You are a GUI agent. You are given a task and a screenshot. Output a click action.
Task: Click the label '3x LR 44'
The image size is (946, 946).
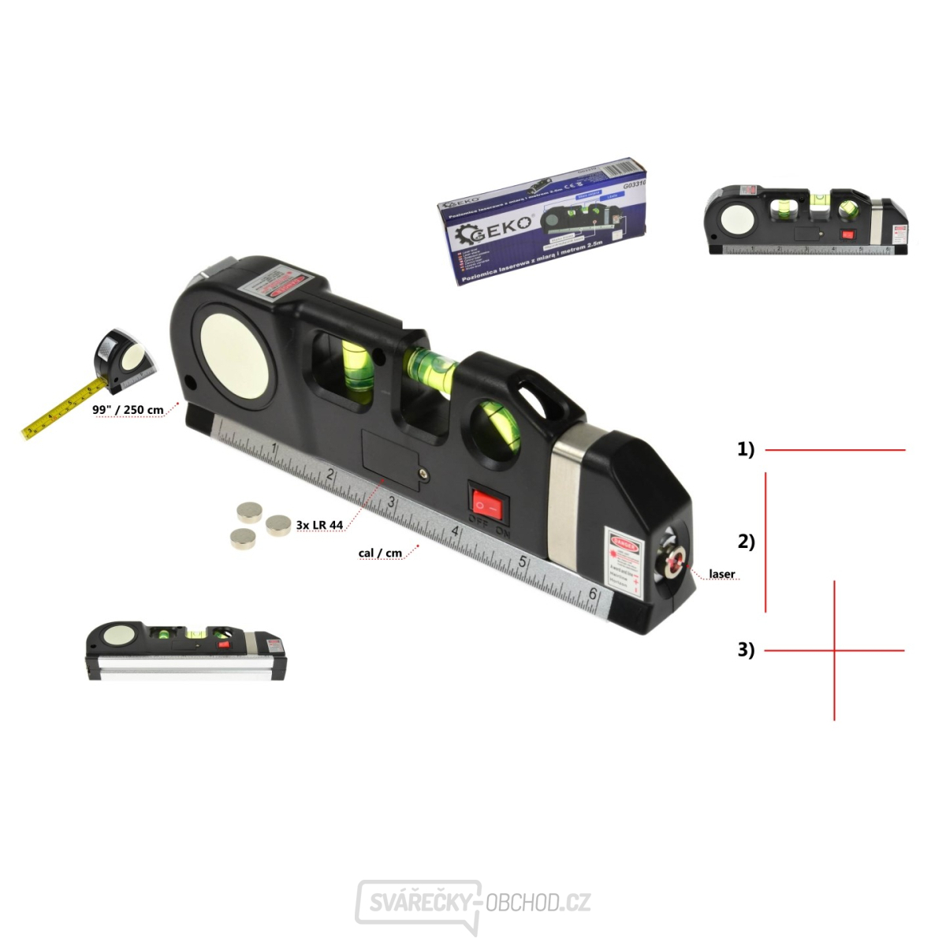click(x=319, y=525)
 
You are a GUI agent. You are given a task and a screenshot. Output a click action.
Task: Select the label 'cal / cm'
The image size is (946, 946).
click(x=380, y=553)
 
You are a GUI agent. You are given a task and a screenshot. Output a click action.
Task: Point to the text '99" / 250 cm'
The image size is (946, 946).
click(x=128, y=410)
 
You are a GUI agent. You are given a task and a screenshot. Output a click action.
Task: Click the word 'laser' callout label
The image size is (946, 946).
click(x=721, y=574)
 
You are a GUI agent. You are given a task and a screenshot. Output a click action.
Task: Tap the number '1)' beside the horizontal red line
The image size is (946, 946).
click(x=746, y=449)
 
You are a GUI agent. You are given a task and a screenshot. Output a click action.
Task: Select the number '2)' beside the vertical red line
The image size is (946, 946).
click(x=746, y=542)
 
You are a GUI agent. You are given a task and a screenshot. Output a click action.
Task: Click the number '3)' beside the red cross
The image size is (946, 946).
click(x=746, y=650)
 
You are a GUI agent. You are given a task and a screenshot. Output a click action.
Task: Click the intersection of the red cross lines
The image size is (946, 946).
click(x=834, y=650)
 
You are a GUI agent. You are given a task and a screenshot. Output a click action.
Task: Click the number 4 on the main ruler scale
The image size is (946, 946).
click(x=455, y=532)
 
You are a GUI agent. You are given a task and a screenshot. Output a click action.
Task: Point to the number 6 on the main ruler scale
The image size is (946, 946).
click(x=593, y=594)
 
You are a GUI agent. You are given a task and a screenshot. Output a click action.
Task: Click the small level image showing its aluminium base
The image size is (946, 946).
click(x=186, y=650)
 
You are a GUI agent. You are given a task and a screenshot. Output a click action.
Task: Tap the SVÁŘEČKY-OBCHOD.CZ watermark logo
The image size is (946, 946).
click(x=473, y=903)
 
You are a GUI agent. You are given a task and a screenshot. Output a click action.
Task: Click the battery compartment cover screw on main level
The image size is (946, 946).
click(x=425, y=474)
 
